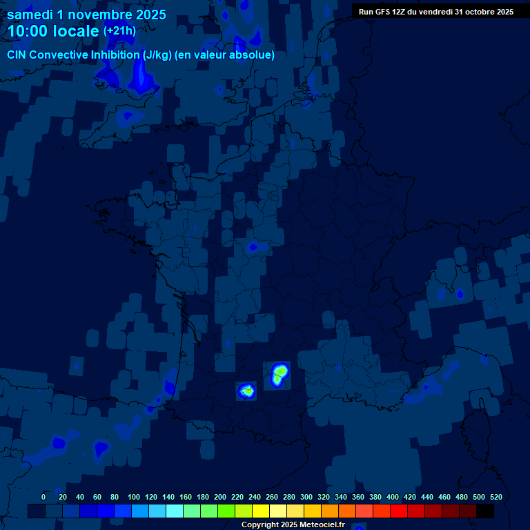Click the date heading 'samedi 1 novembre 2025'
pyautogui.click(x=86, y=14)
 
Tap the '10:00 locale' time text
pyautogui.click(x=53, y=31)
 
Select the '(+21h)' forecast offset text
pyautogui.click(x=119, y=31)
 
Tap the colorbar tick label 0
pyautogui.click(x=43, y=497)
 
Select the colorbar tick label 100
pyautogui.click(x=133, y=497)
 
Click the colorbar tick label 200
pyautogui.click(x=220, y=497)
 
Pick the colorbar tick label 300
pyautogui.click(x=306, y=497)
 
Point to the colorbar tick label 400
pyautogui.click(x=393, y=497)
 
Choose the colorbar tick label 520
pyautogui.click(x=495, y=497)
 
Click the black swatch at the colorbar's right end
pyautogui.click(x=485, y=511)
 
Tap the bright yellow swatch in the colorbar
pyautogui.click(x=261, y=511)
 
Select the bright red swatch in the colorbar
pyautogui.click(x=399, y=511)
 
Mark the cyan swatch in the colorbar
pyautogui.click(x=175, y=511)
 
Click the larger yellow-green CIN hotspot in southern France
pyautogui.click(x=279, y=374)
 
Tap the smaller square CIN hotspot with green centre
pyautogui.click(x=246, y=391)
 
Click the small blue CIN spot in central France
pyautogui.click(x=253, y=246)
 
